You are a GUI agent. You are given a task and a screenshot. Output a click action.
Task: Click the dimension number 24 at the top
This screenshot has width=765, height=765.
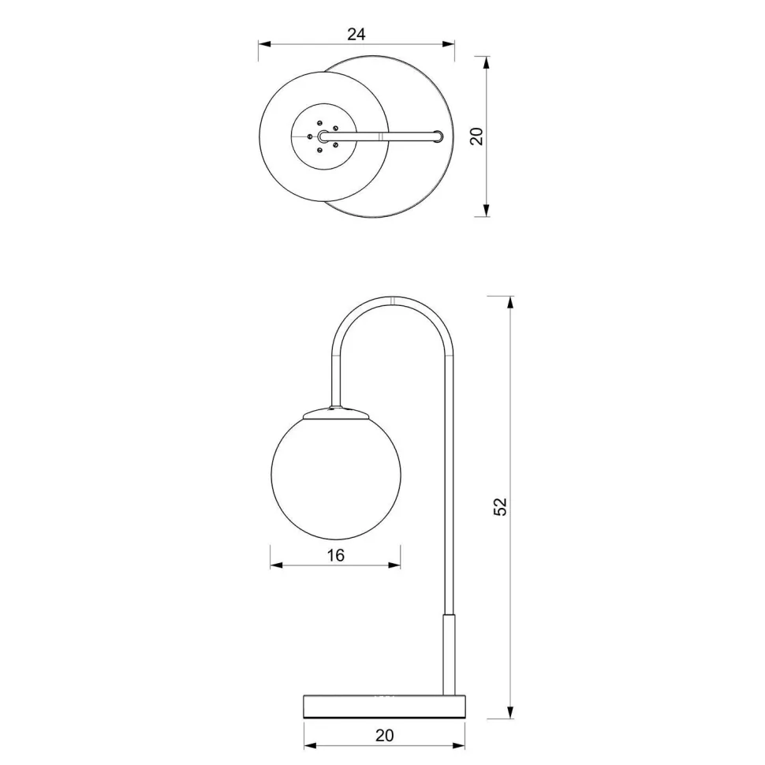click(x=356, y=34)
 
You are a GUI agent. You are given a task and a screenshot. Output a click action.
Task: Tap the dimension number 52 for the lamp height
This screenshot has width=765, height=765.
click(x=500, y=506)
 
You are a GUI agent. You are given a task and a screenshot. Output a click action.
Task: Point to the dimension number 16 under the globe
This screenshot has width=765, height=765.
click(x=335, y=555)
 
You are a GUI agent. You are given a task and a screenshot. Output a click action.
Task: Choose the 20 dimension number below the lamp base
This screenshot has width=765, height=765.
click(x=384, y=735)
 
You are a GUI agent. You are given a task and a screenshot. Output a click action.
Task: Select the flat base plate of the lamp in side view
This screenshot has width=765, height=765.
click(x=384, y=706)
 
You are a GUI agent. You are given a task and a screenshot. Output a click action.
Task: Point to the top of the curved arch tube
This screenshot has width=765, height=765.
click(x=393, y=300)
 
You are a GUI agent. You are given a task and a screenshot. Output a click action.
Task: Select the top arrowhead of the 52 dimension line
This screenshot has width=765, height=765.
click(x=511, y=302)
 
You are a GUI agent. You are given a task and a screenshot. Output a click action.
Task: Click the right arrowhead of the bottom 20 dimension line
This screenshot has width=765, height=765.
click(x=459, y=744)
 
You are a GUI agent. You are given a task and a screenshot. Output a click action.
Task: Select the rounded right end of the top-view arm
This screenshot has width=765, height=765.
click(x=438, y=136)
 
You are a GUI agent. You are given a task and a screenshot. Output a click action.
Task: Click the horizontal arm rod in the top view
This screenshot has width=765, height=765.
click(x=382, y=136)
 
